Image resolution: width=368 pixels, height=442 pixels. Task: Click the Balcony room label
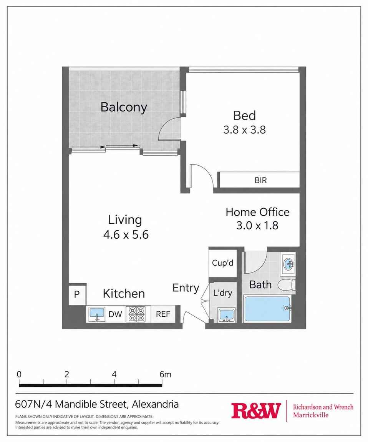pyautogui.click(x=124, y=107)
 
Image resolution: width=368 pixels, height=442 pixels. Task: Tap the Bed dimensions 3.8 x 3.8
pyautogui.click(x=244, y=130)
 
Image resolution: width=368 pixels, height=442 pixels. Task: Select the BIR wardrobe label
pyautogui.click(x=260, y=180)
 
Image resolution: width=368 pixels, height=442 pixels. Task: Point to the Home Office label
pyautogui.click(x=257, y=212)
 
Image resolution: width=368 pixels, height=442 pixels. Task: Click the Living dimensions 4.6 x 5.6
pyautogui.click(x=126, y=234)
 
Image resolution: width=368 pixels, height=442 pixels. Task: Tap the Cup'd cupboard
pyautogui.click(x=222, y=263)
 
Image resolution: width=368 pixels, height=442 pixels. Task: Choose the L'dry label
pyautogui.click(x=222, y=293)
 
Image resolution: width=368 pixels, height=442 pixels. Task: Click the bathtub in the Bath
pyautogui.click(x=267, y=309)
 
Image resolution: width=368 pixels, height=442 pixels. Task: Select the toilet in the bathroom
pyautogui.click(x=286, y=285)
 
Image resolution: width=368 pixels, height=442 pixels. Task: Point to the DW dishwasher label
pyautogui.click(x=115, y=314)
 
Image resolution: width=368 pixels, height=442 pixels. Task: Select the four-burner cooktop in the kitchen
pyautogui.click(x=137, y=314)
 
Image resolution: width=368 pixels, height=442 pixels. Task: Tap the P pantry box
pyautogui.click(x=77, y=294)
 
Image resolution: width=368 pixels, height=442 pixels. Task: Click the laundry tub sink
pyautogui.click(x=227, y=316)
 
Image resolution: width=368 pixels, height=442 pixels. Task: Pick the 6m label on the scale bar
pyautogui.click(x=165, y=374)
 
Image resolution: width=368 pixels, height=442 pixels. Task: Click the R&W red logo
pyautogui.click(x=256, y=411)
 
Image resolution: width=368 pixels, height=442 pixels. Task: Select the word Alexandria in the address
pyautogui.click(x=155, y=404)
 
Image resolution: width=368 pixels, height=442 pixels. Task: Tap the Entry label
pyautogui.click(x=186, y=288)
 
